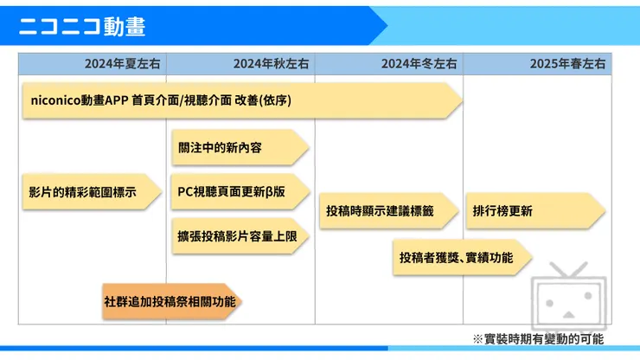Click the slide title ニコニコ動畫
point(82,26)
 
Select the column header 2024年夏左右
point(122,64)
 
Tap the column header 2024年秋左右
point(271,64)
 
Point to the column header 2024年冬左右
point(419,64)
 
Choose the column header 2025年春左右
point(568,64)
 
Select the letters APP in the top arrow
point(117,100)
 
